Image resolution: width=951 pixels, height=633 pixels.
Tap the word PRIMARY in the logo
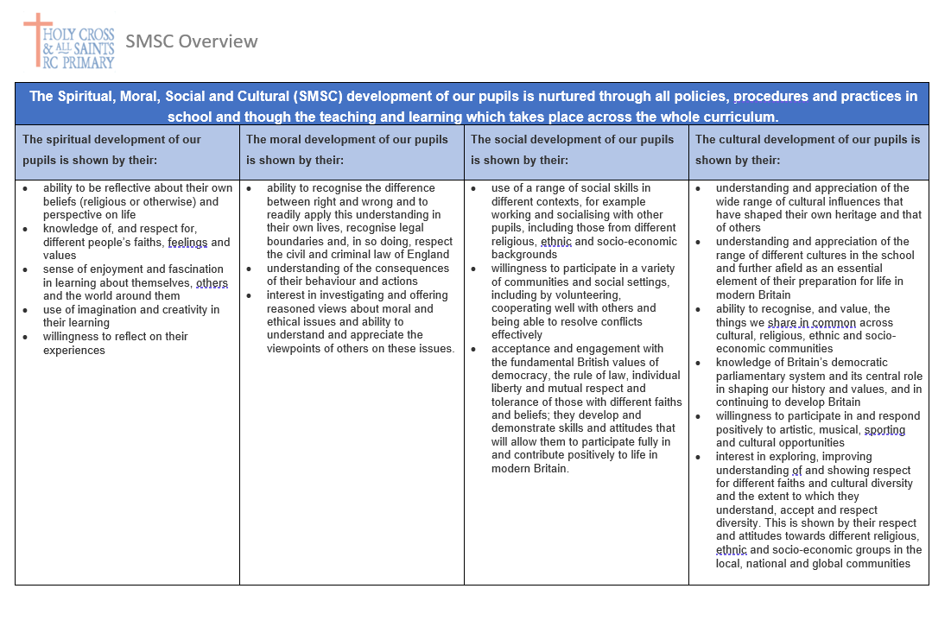point(86,62)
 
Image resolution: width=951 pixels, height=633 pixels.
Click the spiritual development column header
point(111,149)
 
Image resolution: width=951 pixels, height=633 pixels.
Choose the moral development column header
point(346,149)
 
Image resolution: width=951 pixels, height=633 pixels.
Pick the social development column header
point(572,149)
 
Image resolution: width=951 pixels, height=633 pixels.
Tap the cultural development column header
point(808,149)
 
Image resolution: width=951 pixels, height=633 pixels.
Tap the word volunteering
point(571,295)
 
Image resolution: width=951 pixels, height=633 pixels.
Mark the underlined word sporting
point(884,429)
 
